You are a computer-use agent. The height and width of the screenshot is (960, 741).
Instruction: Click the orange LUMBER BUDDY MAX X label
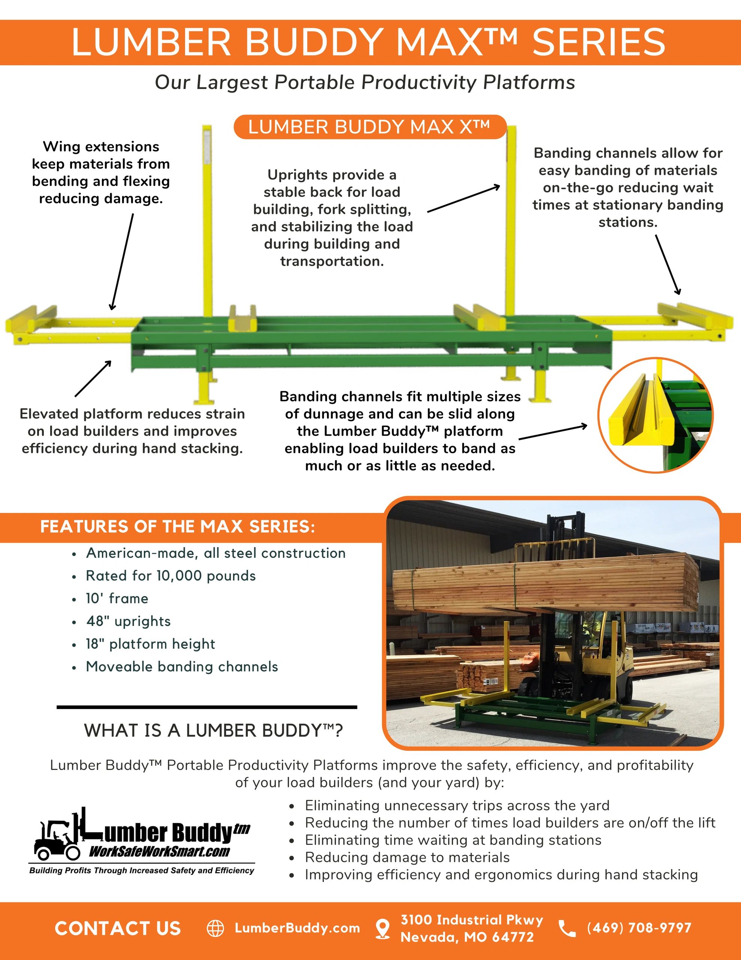point(369,127)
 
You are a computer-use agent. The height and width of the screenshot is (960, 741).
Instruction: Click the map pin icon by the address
point(383,928)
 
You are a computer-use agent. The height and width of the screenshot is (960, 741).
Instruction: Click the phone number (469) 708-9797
point(639,928)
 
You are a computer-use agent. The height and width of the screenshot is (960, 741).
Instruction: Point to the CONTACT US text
point(118,928)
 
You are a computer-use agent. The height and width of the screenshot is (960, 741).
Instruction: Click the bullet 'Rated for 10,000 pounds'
point(170,576)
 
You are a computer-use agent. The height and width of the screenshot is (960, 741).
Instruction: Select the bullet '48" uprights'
point(128,621)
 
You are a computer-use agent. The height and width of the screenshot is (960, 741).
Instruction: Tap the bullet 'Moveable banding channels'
point(182,667)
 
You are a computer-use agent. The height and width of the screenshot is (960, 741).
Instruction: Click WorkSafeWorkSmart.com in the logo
point(159,852)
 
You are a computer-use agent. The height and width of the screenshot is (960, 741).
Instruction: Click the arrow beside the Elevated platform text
point(93,378)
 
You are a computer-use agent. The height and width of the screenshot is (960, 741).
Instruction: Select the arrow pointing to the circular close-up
point(553,432)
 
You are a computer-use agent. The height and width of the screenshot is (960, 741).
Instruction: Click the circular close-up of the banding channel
point(655,415)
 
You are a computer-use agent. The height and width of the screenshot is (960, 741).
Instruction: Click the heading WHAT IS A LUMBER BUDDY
point(214,730)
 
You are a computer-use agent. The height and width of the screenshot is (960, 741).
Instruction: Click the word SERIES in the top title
point(599,42)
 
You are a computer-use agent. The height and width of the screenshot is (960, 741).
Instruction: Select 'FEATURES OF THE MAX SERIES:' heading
point(178,526)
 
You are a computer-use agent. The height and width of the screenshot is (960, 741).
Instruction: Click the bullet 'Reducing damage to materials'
point(407,857)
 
